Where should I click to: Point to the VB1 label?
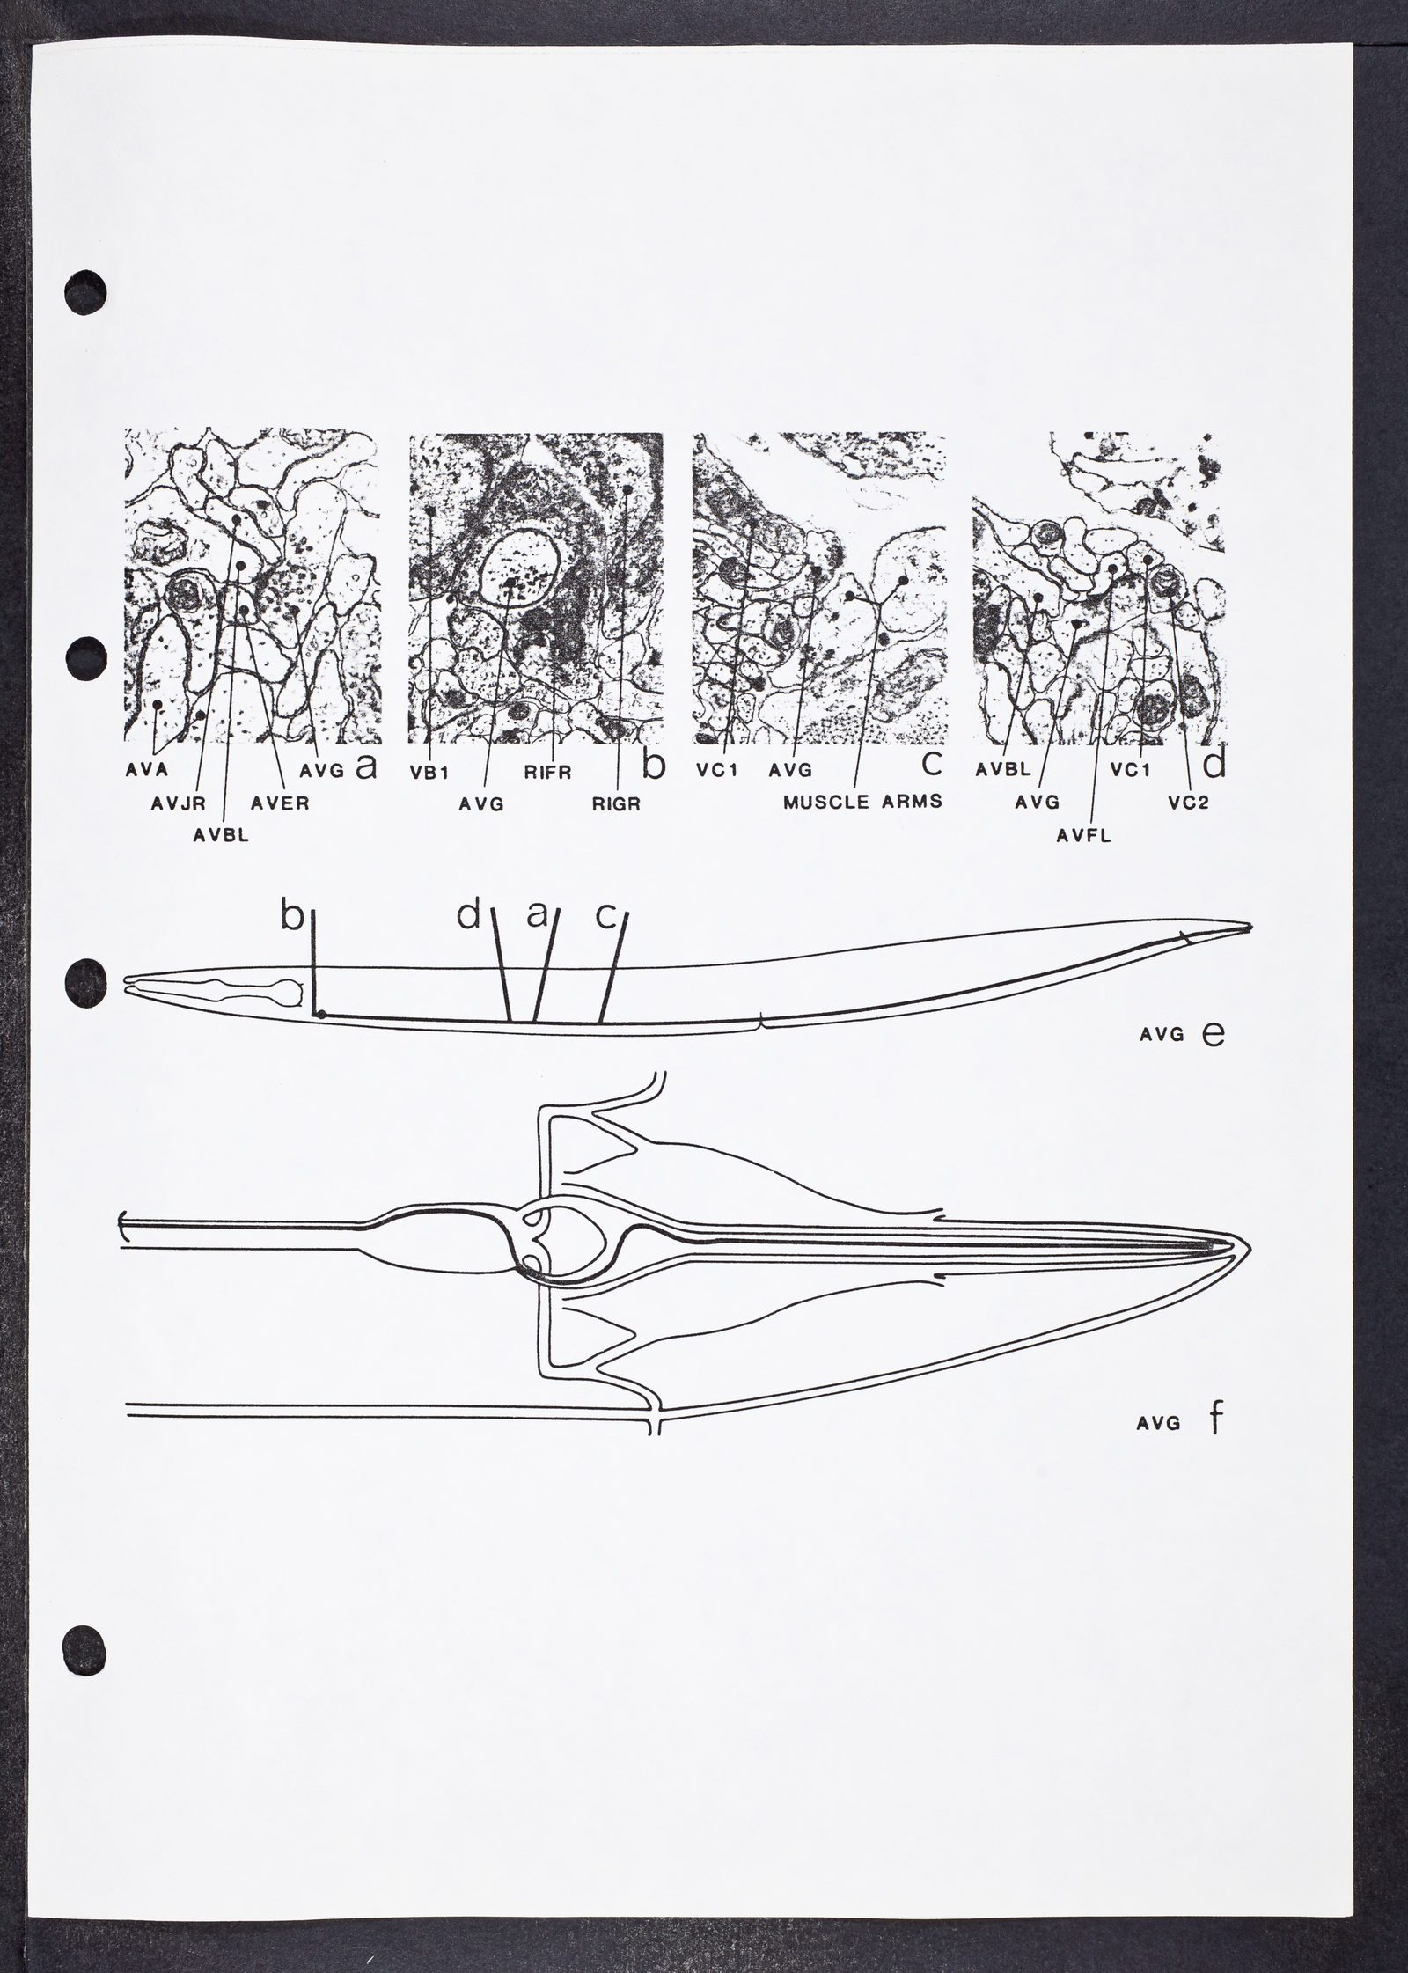(429, 774)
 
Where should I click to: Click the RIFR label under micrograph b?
(550, 774)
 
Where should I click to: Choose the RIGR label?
(616, 803)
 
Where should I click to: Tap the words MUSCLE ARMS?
(863, 803)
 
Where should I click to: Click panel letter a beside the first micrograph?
(365, 767)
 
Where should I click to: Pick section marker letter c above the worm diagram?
(605, 917)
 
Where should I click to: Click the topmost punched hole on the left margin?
(86, 288)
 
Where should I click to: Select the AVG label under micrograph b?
(481, 803)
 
